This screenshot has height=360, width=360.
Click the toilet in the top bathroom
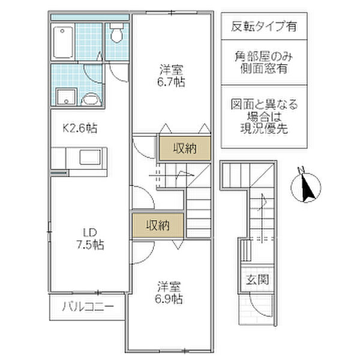click(x=117, y=33)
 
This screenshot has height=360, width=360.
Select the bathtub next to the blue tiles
click(x=63, y=42)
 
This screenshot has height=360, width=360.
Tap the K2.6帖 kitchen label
click(x=80, y=128)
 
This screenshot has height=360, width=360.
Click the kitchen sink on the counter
click(x=90, y=157)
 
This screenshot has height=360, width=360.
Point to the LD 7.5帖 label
click(x=90, y=239)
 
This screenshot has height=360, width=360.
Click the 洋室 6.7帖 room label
click(x=171, y=76)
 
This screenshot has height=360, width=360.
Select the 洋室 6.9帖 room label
click(x=169, y=293)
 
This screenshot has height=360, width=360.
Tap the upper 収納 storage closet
click(x=185, y=148)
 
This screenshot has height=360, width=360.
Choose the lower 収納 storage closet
click(x=158, y=225)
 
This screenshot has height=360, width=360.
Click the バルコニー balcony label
click(x=88, y=307)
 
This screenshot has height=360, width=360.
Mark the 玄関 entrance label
click(x=257, y=280)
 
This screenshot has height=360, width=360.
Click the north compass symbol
click(x=305, y=187)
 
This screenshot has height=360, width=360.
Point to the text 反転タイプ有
click(x=264, y=26)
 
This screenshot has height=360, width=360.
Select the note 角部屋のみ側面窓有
click(x=264, y=62)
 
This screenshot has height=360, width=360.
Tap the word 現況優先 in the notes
click(x=264, y=128)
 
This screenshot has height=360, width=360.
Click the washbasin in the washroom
click(x=91, y=100)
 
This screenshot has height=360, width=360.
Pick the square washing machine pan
click(x=66, y=97)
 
